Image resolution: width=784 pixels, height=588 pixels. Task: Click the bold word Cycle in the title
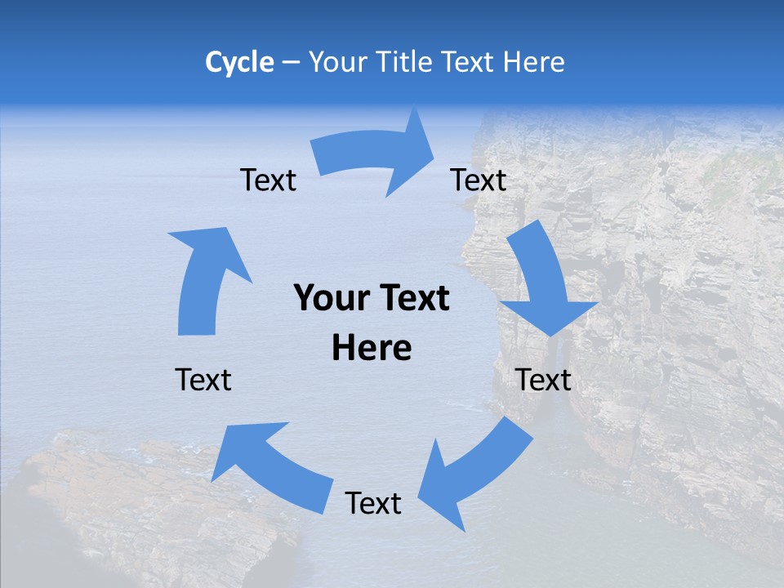pyautogui.click(x=239, y=62)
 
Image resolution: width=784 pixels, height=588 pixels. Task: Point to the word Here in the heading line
pyautogui.click(x=534, y=62)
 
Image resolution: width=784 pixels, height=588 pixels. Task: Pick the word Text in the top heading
pyautogui.click(x=470, y=62)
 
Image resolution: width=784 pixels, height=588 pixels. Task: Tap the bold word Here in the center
pyautogui.click(x=372, y=349)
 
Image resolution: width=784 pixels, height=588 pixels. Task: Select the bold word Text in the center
pyautogui.click(x=413, y=299)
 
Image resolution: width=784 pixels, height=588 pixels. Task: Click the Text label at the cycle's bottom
pyautogui.click(x=373, y=504)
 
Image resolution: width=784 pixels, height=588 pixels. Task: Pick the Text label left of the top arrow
pyautogui.click(x=269, y=180)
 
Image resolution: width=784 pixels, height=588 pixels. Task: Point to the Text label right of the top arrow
pyautogui.click(x=479, y=180)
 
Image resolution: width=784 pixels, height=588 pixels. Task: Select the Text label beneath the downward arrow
pyautogui.click(x=543, y=380)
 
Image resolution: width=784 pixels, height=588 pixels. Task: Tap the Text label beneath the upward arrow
pyautogui.click(x=203, y=380)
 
